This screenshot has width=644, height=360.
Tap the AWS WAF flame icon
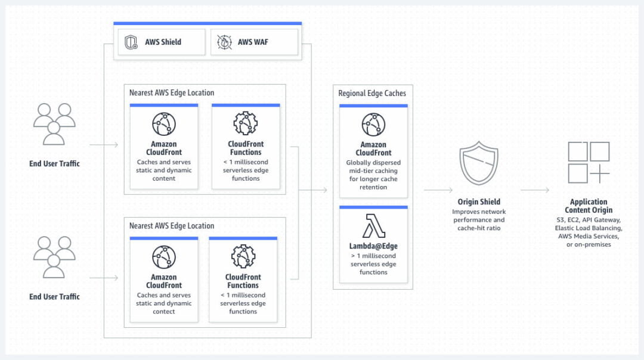click(x=224, y=42)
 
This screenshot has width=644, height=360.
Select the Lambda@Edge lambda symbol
click(x=373, y=226)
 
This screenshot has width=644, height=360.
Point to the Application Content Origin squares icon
click(x=588, y=162)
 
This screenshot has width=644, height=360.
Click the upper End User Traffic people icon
click(x=54, y=125)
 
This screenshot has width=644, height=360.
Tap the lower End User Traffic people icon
click(x=54, y=257)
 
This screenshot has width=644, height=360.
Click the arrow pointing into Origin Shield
click(x=438, y=190)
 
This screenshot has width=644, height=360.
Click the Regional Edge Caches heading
click(x=372, y=93)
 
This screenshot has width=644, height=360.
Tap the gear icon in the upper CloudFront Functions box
click(x=245, y=123)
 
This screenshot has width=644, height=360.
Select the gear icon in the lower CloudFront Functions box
click(x=243, y=256)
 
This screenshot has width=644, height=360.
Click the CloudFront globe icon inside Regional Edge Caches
click(x=373, y=125)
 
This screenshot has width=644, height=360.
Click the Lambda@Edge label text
click(x=373, y=246)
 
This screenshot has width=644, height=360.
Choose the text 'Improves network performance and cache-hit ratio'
click(x=478, y=220)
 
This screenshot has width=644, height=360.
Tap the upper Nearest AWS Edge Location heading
click(x=172, y=93)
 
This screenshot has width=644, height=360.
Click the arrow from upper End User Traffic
click(x=104, y=145)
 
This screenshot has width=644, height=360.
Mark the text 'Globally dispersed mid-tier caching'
click(x=373, y=166)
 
